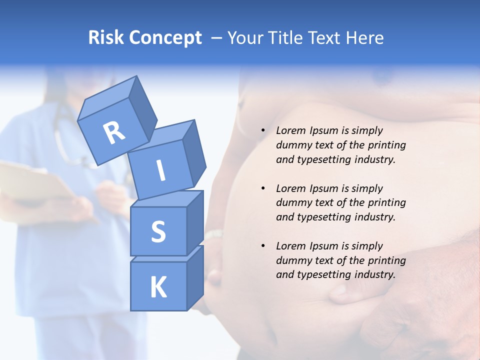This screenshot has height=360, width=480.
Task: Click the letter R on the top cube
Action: (x=114, y=133)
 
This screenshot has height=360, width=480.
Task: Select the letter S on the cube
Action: (x=158, y=231)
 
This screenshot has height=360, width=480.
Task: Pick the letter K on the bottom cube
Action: (x=158, y=287)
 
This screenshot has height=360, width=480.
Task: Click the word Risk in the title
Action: (x=106, y=38)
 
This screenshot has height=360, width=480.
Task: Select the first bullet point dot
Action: (x=263, y=131)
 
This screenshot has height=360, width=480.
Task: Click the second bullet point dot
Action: (x=263, y=188)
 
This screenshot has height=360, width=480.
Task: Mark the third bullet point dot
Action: (x=263, y=246)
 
